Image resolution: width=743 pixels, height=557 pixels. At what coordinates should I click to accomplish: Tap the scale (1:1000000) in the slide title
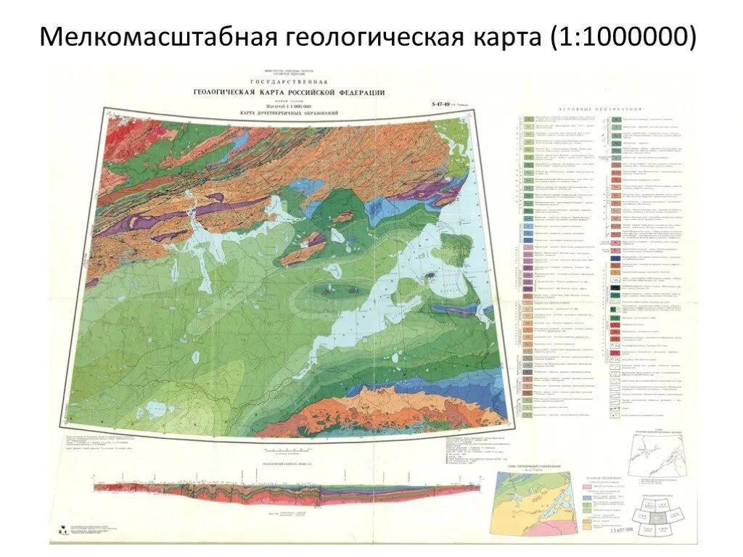pos(626,37)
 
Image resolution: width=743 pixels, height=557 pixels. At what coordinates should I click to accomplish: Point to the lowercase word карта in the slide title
pos(506,37)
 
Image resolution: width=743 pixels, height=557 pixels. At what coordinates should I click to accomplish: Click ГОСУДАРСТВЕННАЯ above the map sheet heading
pos(289,81)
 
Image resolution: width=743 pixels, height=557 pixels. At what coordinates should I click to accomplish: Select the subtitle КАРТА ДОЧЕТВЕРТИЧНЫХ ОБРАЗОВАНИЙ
pos(289,114)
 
